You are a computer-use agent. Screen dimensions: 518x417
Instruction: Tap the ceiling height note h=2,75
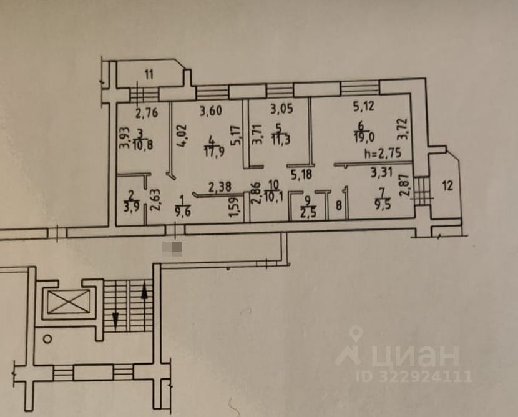tap(382, 153)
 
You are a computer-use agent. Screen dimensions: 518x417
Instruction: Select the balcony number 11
tap(149, 76)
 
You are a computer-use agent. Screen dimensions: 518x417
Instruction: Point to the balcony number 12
tap(447, 185)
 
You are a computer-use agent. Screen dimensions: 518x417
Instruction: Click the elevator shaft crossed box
tap(66, 305)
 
